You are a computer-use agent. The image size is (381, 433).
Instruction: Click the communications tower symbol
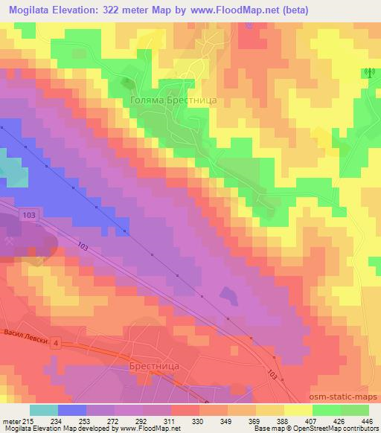click(366, 73)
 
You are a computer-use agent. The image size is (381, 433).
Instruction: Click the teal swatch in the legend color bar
click(43, 410)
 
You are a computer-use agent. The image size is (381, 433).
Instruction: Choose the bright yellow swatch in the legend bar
click(298, 410)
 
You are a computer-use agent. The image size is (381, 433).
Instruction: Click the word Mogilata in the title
click(27, 9)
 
